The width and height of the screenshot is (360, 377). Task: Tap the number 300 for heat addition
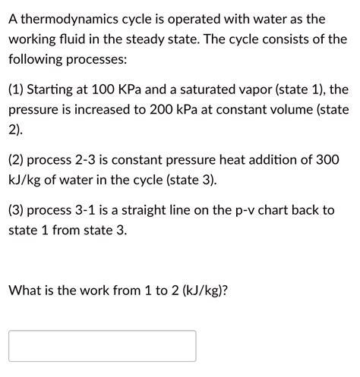[327, 161]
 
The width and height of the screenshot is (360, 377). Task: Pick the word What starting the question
[27, 289]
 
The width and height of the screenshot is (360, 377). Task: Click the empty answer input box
[103, 346]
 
